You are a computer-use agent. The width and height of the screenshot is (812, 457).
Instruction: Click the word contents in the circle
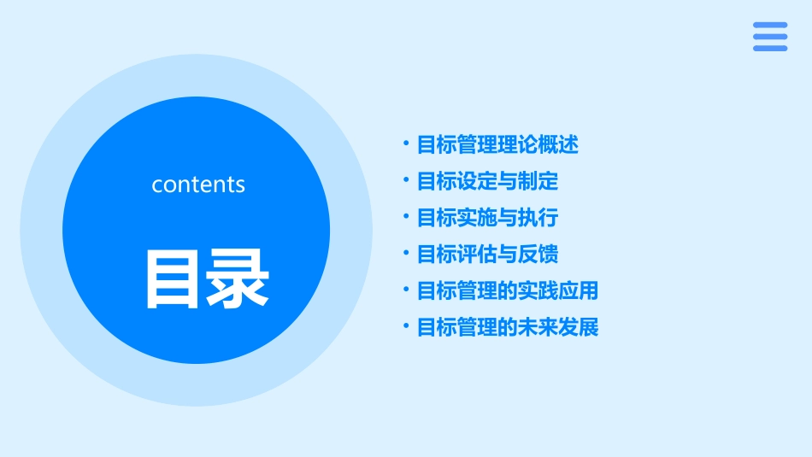point(198,185)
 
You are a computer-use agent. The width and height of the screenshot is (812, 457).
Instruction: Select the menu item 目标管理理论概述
point(497,145)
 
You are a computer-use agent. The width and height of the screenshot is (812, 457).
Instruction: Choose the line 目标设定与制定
point(487,181)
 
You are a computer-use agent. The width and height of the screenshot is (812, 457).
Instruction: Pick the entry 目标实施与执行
point(487,218)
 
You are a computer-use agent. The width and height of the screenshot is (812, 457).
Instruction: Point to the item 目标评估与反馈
point(487,255)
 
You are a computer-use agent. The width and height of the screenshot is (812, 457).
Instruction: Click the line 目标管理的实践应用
point(508,290)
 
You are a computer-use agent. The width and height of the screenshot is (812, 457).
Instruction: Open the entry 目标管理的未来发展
point(508,327)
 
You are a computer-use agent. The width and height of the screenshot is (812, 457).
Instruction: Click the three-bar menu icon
point(770,37)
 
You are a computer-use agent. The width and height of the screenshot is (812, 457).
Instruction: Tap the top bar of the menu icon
point(770,26)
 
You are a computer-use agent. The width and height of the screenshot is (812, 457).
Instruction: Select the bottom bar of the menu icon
point(770,48)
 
